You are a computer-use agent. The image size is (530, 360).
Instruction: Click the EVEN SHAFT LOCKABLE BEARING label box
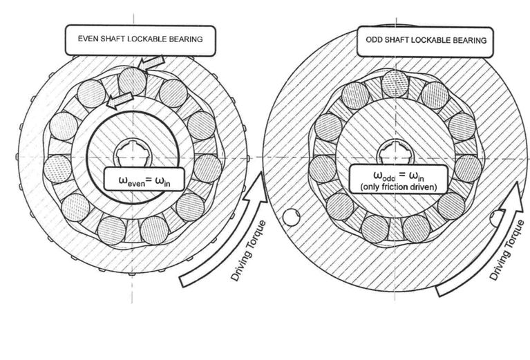[x=140, y=40]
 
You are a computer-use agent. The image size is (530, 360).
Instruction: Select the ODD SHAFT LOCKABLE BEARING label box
[x=425, y=41]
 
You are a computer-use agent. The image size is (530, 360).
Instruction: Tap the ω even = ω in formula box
[x=144, y=179]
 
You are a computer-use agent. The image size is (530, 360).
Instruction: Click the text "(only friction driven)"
[x=399, y=187]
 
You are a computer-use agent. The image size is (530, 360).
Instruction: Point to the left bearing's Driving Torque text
[x=249, y=250]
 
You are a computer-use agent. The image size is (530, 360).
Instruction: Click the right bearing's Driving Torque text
[x=507, y=250]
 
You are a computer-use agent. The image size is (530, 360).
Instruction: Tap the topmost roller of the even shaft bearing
[x=133, y=81]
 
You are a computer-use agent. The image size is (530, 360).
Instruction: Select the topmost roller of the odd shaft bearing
[x=395, y=84]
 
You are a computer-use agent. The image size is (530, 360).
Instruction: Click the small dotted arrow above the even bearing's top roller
[x=153, y=63]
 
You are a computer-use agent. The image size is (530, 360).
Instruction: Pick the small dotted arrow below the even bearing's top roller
[x=120, y=101]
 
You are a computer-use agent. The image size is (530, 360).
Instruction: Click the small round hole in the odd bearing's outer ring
[x=291, y=217]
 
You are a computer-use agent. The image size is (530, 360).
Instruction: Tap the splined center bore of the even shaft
[x=132, y=154]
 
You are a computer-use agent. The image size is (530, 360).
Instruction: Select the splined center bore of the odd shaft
[x=395, y=154]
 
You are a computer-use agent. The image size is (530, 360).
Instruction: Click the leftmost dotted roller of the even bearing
[x=57, y=169]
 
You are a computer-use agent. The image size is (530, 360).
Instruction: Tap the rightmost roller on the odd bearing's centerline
[x=468, y=169]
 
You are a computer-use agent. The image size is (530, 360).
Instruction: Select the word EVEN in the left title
[x=87, y=39]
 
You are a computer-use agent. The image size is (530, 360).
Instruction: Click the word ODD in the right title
[x=373, y=40]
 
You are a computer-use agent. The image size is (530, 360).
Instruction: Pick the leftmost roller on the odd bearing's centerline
[x=323, y=169]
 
